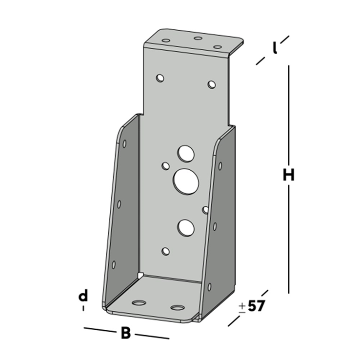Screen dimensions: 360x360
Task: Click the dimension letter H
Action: tap(288, 175)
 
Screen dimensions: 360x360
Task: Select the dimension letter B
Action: tap(125, 333)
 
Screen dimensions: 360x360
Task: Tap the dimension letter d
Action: tap(83, 296)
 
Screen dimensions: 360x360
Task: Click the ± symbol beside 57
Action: tap(242, 307)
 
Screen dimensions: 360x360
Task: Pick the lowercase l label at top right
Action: tap(275, 48)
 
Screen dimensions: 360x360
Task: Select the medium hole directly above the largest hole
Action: tap(186, 153)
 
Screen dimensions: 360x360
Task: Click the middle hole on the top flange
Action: tap(198, 38)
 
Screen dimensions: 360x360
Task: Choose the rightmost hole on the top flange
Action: tap(218, 47)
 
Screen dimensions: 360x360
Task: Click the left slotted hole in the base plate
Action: tap(139, 303)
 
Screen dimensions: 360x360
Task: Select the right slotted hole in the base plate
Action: tap(178, 308)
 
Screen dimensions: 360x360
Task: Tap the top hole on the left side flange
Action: tap(124, 144)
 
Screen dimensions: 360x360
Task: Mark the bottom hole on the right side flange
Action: tap(210, 286)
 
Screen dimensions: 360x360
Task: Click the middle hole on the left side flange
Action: tap(119, 204)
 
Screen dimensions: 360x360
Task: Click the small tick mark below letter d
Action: tap(83, 308)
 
